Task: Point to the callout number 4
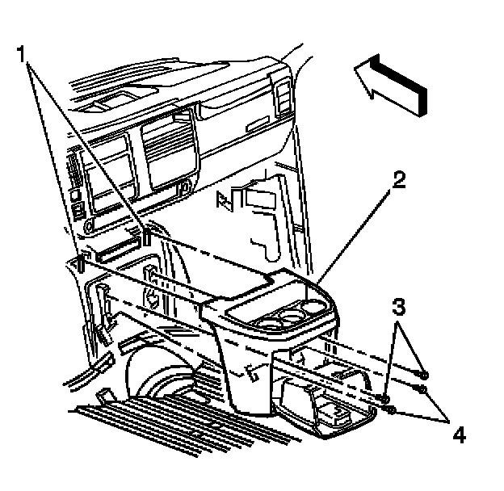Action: click(458, 435)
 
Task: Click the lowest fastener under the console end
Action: click(391, 410)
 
